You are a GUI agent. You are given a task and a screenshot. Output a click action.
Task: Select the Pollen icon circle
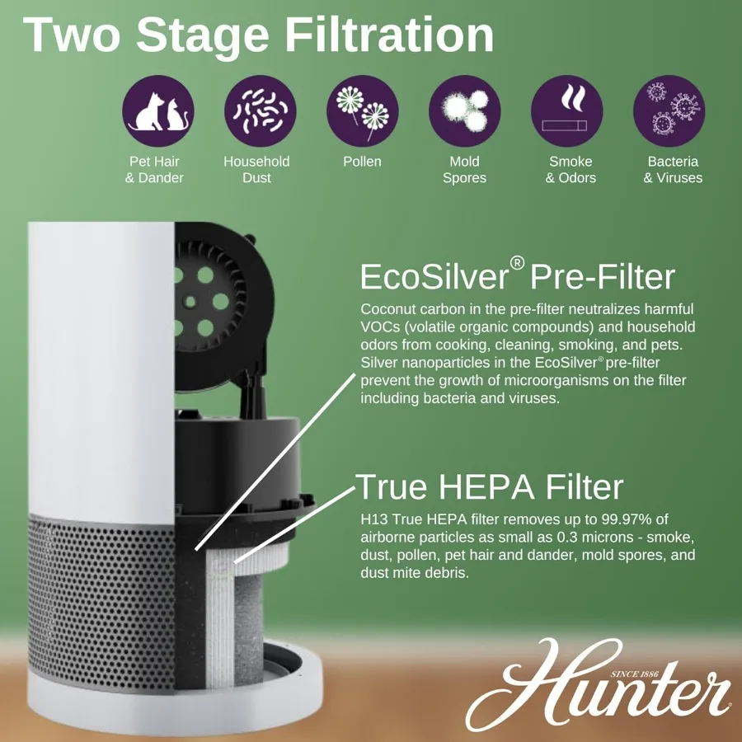(x=362, y=110)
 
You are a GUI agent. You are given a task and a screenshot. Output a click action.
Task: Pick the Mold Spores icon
(x=464, y=110)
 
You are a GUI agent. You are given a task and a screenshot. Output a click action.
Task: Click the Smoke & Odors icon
(x=566, y=110)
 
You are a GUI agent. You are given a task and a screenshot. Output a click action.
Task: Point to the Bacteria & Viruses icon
(x=669, y=110)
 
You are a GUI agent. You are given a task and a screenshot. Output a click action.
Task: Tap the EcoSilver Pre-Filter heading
(x=517, y=277)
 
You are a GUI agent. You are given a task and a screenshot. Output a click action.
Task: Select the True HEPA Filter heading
(x=489, y=487)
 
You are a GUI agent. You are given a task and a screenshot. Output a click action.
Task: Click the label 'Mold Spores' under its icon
(x=464, y=170)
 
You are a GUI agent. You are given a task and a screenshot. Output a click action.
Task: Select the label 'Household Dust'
(x=256, y=170)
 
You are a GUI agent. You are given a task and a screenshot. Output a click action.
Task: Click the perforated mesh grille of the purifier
(x=99, y=594)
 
